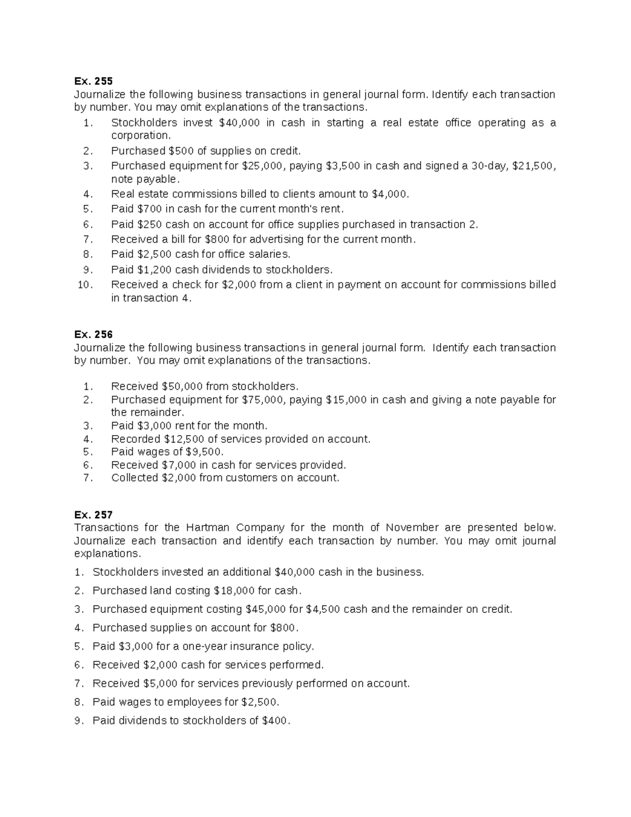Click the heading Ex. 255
[x=93, y=81]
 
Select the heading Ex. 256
[x=93, y=335]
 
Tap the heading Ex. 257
[x=93, y=515]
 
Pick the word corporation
[x=140, y=135]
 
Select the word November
[x=412, y=528]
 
